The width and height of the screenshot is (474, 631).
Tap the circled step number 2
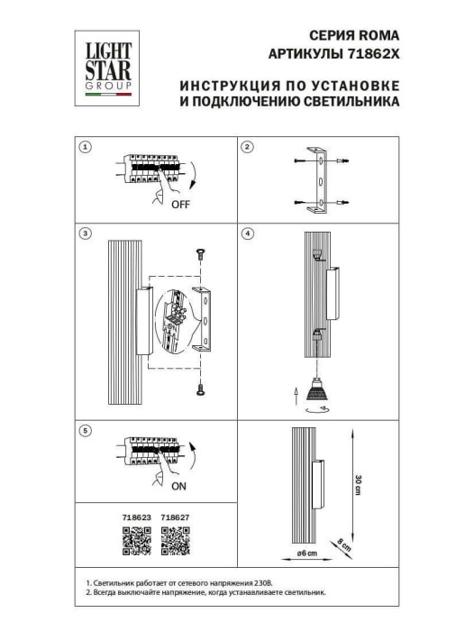[249, 146]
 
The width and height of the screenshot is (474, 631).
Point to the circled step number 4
[249, 233]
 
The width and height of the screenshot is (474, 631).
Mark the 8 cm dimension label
[343, 543]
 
